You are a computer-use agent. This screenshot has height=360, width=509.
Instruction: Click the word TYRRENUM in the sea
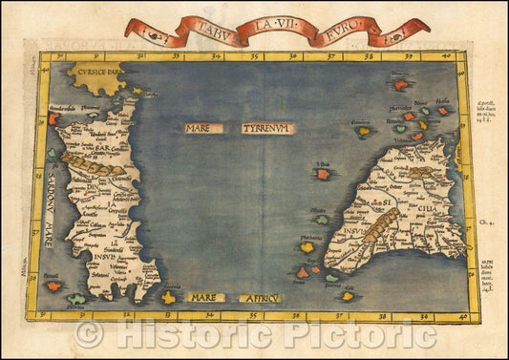pos(268,128)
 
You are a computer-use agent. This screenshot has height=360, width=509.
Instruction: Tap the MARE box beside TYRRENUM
pos(204,128)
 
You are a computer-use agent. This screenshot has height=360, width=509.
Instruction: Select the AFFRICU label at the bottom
pos(259,298)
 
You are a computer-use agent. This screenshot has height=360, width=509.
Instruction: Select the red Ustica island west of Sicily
pos(324,174)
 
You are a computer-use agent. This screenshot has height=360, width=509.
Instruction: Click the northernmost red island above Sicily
pos(400,84)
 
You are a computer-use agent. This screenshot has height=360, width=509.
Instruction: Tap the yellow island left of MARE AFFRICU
pos(170,297)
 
